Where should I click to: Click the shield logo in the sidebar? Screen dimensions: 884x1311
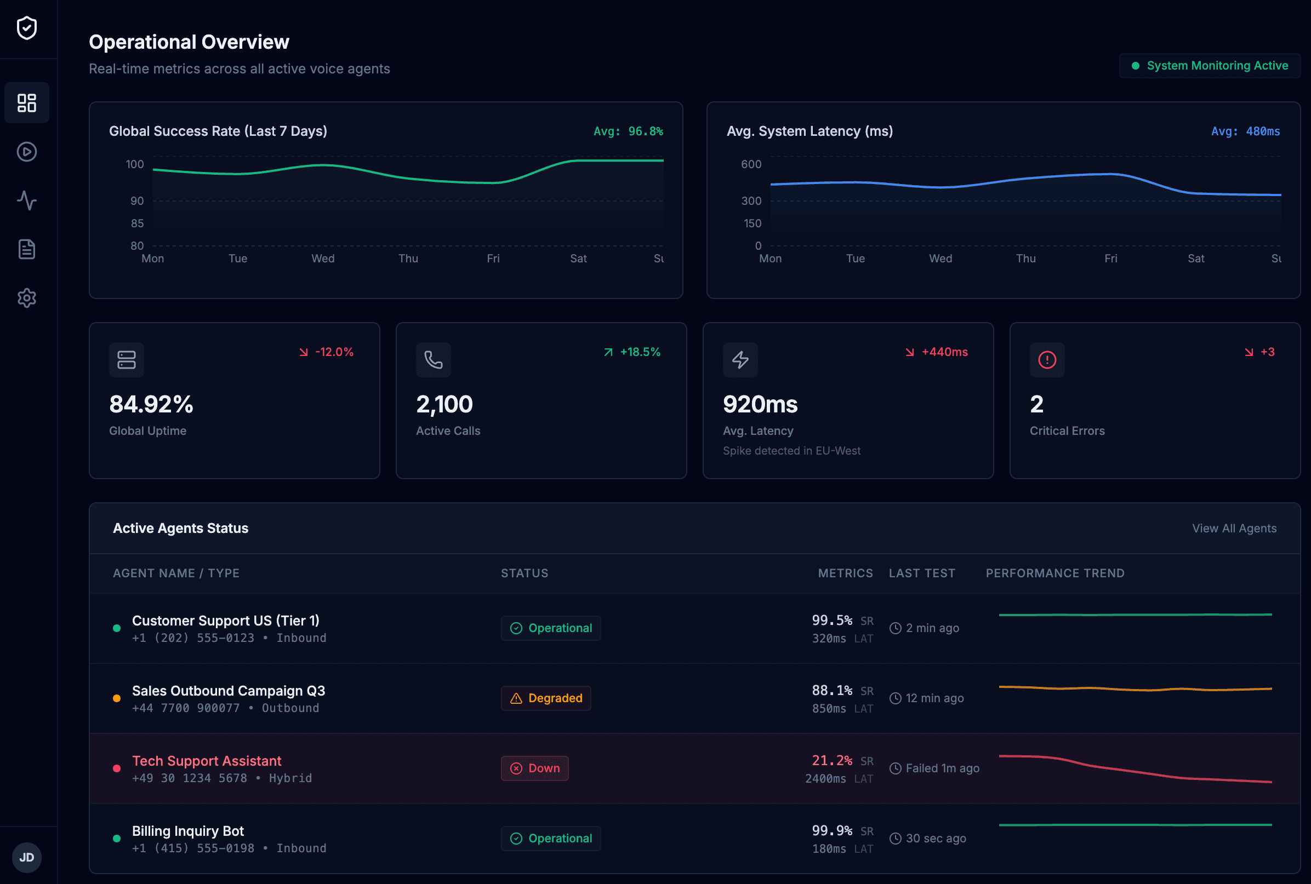coord(26,27)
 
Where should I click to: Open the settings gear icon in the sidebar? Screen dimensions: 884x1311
coord(26,297)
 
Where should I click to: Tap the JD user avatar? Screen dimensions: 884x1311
coord(26,857)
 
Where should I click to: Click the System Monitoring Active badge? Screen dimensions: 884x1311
coord(1210,66)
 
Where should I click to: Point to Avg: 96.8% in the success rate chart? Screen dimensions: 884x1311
coord(628,131)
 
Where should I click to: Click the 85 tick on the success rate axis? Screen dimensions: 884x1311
coord(137,223)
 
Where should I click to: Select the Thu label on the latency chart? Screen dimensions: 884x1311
coord(1025,258)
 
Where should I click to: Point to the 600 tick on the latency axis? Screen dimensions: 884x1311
coord(751,164)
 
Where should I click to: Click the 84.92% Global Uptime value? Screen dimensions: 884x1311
coord(151,404)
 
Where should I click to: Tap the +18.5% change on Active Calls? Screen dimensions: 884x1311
coord(640,352)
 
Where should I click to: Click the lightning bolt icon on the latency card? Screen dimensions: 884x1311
coord(740,360)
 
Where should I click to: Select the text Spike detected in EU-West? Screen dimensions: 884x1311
coord(791,450)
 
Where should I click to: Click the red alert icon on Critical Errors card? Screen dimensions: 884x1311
coord(1047,360)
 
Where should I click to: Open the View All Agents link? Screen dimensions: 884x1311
coord(1234,528)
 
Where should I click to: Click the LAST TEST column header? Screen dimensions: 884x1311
coord(922,573)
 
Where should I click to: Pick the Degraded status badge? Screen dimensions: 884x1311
coord(545,698)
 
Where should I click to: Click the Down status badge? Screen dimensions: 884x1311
coord(534,768)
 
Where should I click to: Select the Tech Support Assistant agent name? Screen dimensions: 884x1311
coord(207,761)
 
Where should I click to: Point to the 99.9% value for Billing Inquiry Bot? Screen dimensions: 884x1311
coord(831,830)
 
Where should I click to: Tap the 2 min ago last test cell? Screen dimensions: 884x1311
coord(931,628)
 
